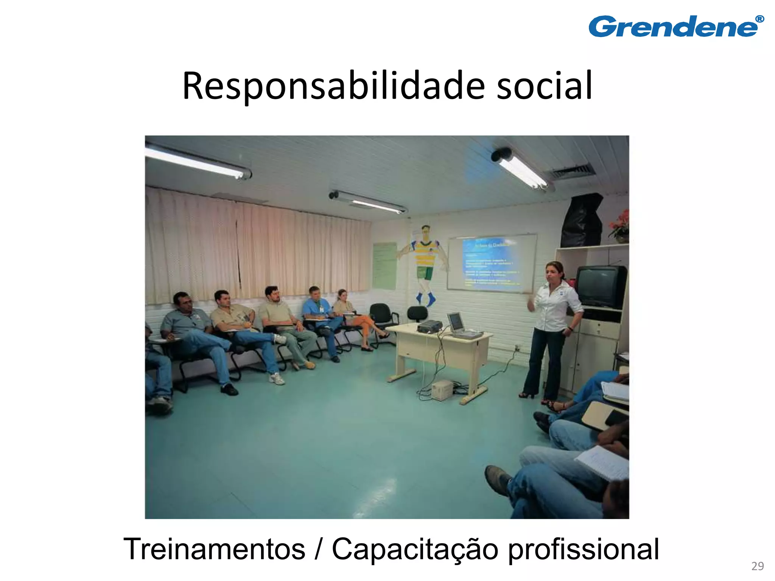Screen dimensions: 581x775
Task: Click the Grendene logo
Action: tap(675, 26)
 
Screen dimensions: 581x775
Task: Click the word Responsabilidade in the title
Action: tap(333, 86)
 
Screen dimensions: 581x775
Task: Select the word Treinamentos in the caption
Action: tap(214, 549)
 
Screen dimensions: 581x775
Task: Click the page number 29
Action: tap(757, 566)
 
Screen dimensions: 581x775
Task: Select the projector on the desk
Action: tap(430, 326)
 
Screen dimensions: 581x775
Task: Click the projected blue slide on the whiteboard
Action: tap(491, 263)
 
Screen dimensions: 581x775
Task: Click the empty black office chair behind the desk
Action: tap(417, 315)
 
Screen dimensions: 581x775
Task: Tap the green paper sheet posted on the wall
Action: tap(384, 266)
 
